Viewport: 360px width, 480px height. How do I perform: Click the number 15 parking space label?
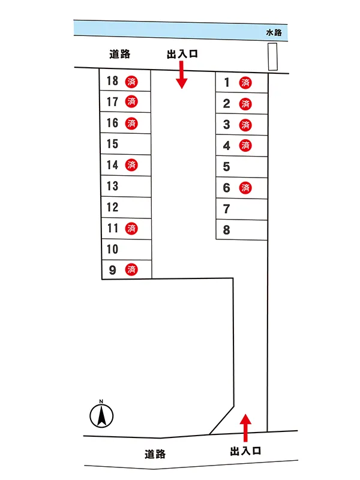[112, 144]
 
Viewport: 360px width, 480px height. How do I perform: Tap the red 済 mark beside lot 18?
[131, 81]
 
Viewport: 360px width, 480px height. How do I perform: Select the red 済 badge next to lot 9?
[131, 270]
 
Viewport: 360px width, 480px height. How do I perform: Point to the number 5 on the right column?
[226, 167]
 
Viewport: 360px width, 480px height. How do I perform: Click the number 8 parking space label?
[226, 230]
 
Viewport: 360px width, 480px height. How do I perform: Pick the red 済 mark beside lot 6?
[245, 188]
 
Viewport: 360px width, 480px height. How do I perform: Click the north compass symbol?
[102, 413]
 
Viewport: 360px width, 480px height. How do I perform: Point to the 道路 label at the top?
[120, 54]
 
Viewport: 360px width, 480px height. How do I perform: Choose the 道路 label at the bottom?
[155, 454]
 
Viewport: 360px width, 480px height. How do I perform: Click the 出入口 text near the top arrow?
[182, 54]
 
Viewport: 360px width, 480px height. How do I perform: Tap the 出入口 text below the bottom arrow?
[245, 450]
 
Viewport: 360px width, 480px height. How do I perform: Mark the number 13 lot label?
[112, 186]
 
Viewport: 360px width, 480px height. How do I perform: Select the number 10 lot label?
[112, 249]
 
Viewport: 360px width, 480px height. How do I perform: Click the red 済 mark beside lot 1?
[245, 83]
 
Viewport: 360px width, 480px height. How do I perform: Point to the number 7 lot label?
[226, 209]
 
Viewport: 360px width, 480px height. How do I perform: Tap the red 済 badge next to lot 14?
[131, 164]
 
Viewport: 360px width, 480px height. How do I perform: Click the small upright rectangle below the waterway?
[273, 57]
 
